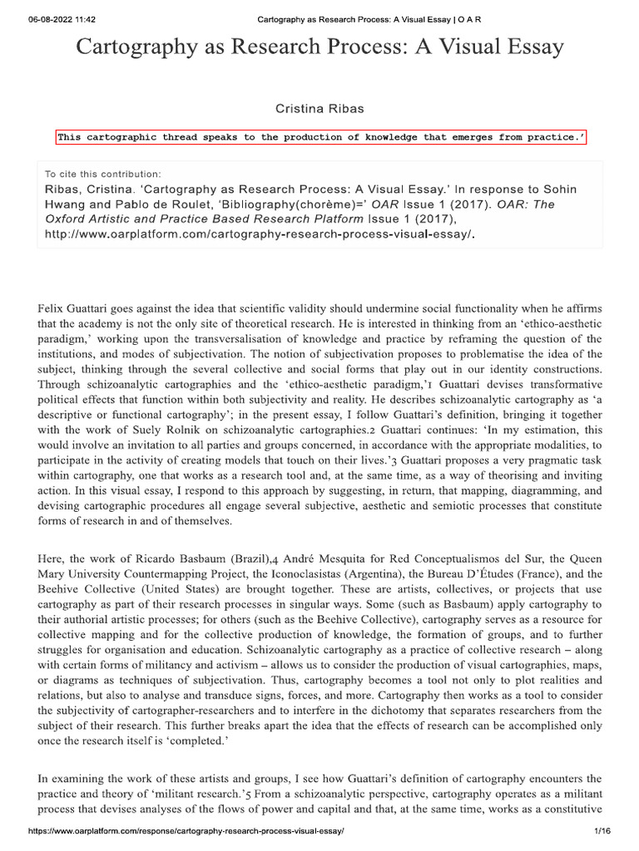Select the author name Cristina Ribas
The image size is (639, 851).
pos(319,108)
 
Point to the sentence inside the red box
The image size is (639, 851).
pos(320,138)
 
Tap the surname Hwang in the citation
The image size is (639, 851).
pos(67,204)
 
